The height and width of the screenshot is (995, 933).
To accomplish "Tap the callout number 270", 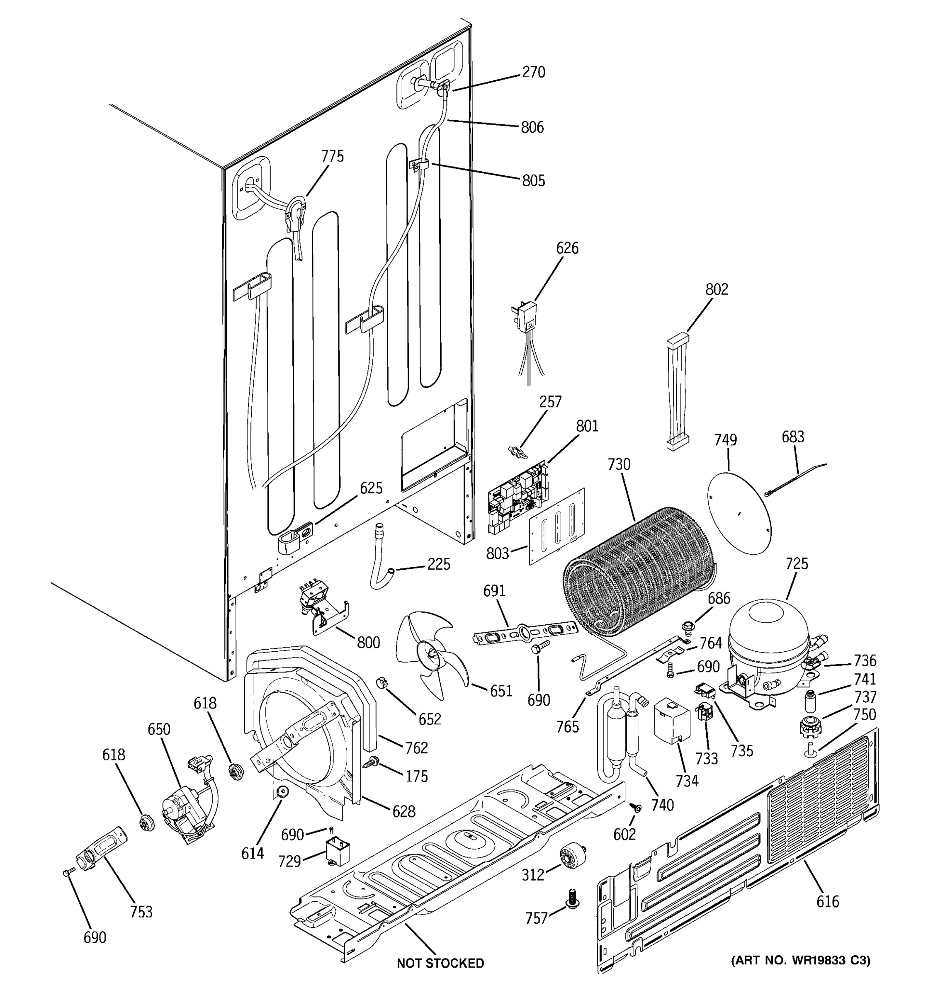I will point(533,73).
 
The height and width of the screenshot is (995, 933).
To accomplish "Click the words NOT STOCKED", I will point(440,963).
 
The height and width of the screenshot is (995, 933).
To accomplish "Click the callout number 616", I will point(827,901).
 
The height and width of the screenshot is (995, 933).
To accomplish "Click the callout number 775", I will point(333,157).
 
